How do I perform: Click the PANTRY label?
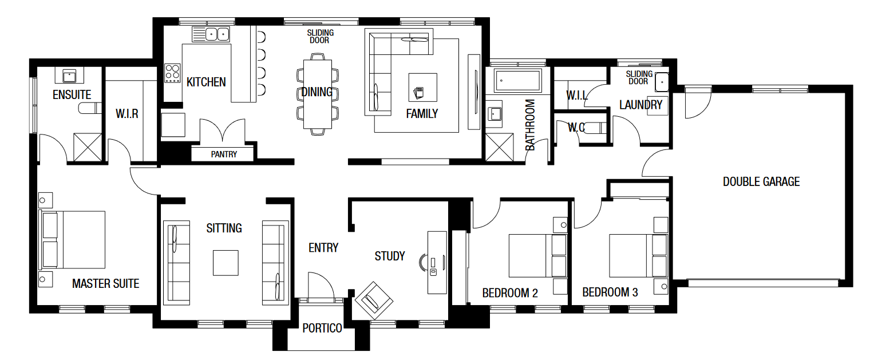point(224,154)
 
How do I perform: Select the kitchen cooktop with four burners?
point(172,73)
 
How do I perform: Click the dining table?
point(318,94)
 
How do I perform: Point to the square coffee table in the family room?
point(422,88)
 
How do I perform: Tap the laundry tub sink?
point(662,82)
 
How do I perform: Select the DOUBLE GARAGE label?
point(761,182)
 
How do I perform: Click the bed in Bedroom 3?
point(638,255)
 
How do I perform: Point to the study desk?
point(437,263)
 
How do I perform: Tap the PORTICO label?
point(322,329)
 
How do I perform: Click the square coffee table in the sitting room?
point(226,263)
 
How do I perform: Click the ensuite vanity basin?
point(69,76)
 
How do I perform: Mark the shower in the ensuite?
point(88,147)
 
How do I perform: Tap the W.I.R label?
point(127,114)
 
